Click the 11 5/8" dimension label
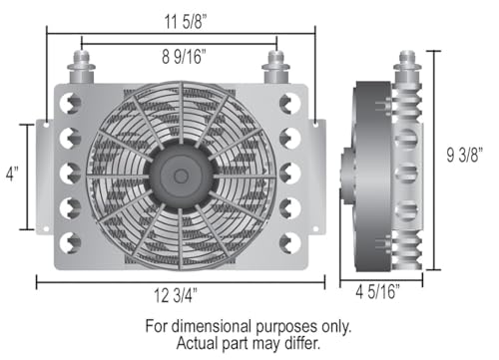point(186,22)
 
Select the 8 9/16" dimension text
point(184,56)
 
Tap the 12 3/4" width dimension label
point(176,295)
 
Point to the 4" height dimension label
point(12,174)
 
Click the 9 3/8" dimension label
point(464,155)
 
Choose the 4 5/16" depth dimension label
point(377,292)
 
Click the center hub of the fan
point(181,177)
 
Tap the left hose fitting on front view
point(81,67)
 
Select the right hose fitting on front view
point(275,67)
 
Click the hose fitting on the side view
point(407,67)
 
